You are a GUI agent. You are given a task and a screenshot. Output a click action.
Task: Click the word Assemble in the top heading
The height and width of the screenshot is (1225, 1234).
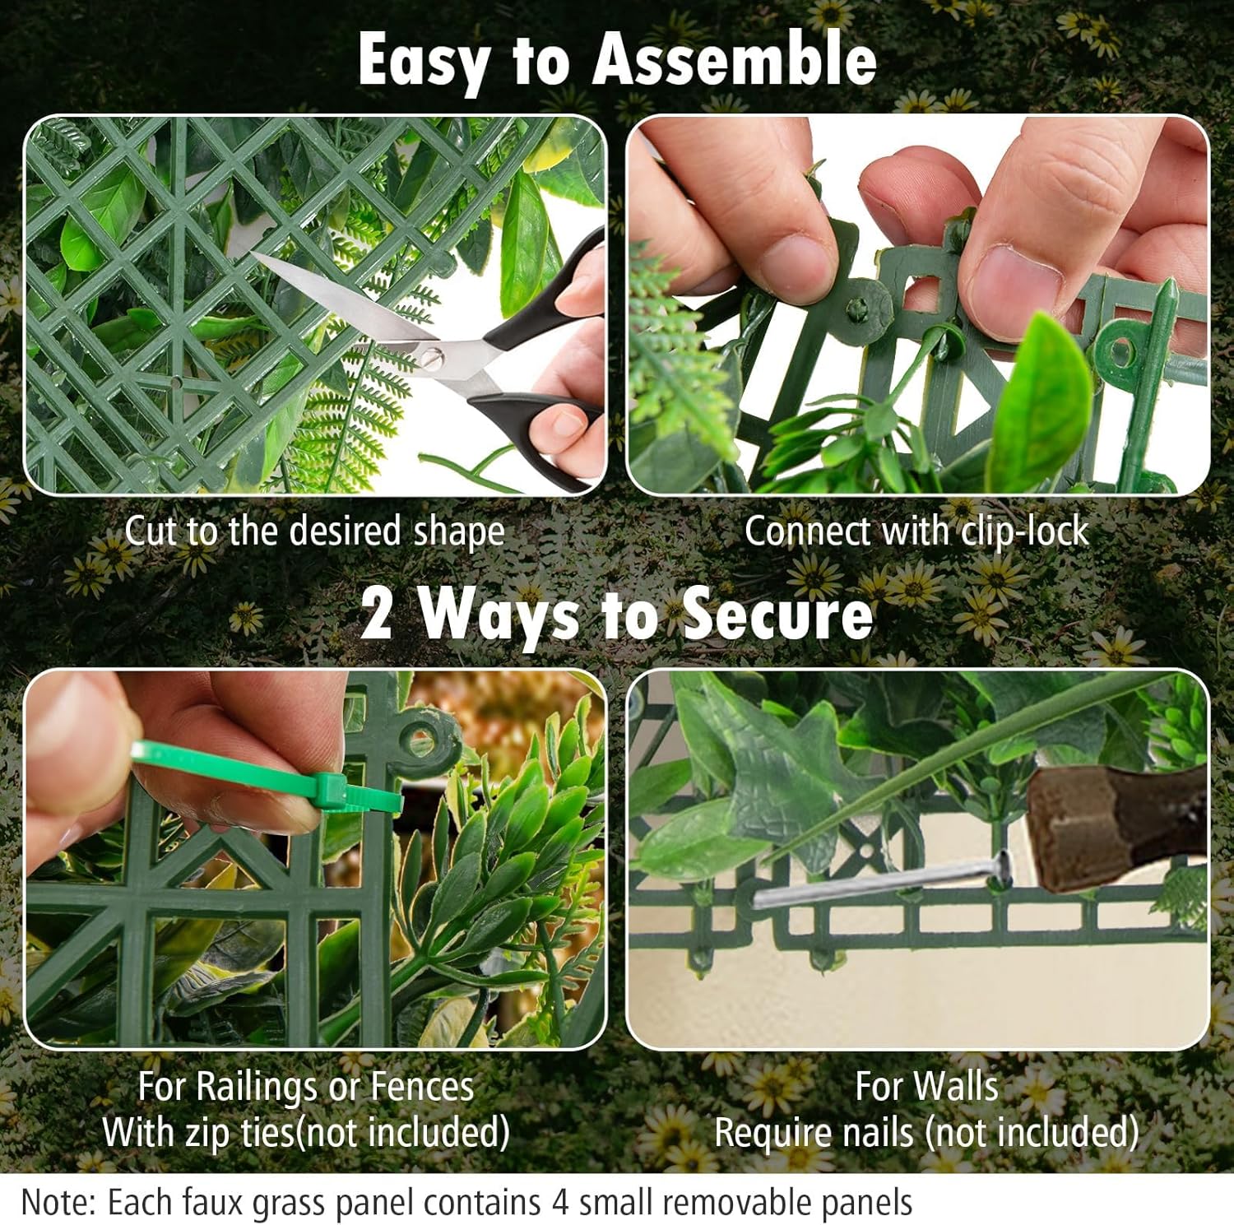(x=735, y=59)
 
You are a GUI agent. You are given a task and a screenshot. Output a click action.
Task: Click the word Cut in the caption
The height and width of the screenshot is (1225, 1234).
(x=151, y=531)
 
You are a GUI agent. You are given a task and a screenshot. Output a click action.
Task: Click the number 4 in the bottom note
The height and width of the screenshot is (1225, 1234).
(x=560, y=1203)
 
